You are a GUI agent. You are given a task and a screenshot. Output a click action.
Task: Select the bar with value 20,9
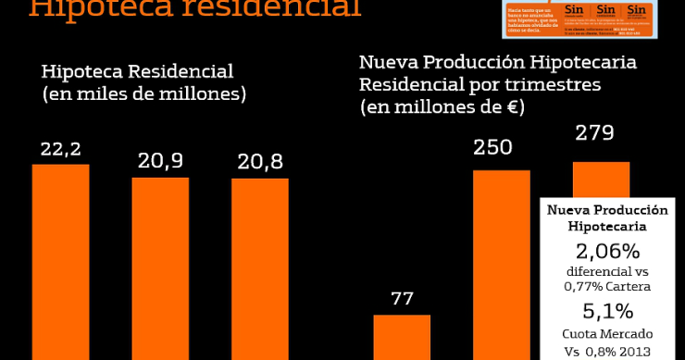tap(160, 267)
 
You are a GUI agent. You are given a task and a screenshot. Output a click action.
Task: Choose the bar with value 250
tap(501, 264)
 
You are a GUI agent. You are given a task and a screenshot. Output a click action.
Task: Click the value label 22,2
tap(60, 148)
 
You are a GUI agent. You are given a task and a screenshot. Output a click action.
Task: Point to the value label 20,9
tap(160, 161)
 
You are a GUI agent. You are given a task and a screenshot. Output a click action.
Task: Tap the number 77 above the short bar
tap(402, 299)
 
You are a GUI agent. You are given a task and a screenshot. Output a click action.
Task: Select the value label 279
tap(594, 133)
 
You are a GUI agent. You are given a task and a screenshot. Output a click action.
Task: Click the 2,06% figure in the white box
tap(607, 250)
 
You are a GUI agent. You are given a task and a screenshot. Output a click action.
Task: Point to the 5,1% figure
tap(607, 311)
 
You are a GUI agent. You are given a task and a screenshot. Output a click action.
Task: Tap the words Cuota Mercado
tap(607, 333)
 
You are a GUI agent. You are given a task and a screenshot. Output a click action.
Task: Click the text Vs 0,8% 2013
tap(607, 350)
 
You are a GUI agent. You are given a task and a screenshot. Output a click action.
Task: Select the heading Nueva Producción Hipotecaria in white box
tap(607, 217)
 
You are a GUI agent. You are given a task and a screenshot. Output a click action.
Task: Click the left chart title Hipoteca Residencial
tap(137, 71)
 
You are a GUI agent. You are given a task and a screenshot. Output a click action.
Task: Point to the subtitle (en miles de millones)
tap(143, 93)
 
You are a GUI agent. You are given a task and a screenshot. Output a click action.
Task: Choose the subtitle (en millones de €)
tap(442, 107)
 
